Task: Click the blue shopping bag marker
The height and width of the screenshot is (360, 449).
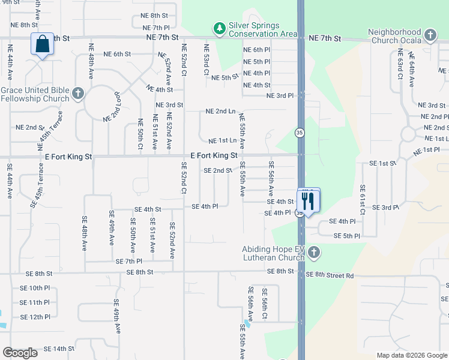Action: [42, 44]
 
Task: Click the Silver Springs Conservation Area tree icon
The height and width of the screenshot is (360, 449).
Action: [220, 28]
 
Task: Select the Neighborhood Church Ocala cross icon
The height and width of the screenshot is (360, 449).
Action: [430, 35]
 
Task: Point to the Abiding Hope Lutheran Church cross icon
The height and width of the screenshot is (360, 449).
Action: [313, 254]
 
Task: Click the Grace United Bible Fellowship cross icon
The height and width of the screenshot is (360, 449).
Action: [77, 94]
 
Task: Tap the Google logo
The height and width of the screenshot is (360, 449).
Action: [20, 353]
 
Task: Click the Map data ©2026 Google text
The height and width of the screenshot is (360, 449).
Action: [412, 355]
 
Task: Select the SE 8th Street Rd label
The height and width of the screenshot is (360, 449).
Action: [330, 275]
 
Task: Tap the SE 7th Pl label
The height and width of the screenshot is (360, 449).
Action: [130, 262]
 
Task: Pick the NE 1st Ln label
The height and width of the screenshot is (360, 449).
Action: [222, 141]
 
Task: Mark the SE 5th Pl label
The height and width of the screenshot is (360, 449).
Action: [346, 236]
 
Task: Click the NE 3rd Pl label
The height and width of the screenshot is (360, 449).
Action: [280, 95]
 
